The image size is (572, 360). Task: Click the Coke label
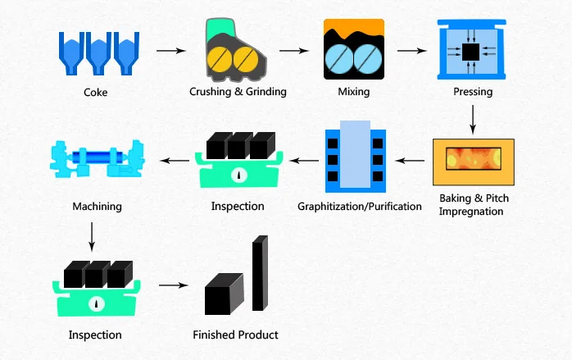click(95, 93)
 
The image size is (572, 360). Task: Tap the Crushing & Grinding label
click(238, 92)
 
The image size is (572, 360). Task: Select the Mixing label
click(354, 92)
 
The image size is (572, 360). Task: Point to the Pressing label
click(473, 92)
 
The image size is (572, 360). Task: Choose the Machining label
click(97, 206)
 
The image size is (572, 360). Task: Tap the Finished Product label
click(235, 335)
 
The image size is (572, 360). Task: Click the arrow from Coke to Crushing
click(170, 51)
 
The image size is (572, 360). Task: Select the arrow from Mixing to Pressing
click(411, 51)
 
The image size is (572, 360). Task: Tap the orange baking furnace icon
click(473, 161)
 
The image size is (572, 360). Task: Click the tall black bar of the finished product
click(259, 274)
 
